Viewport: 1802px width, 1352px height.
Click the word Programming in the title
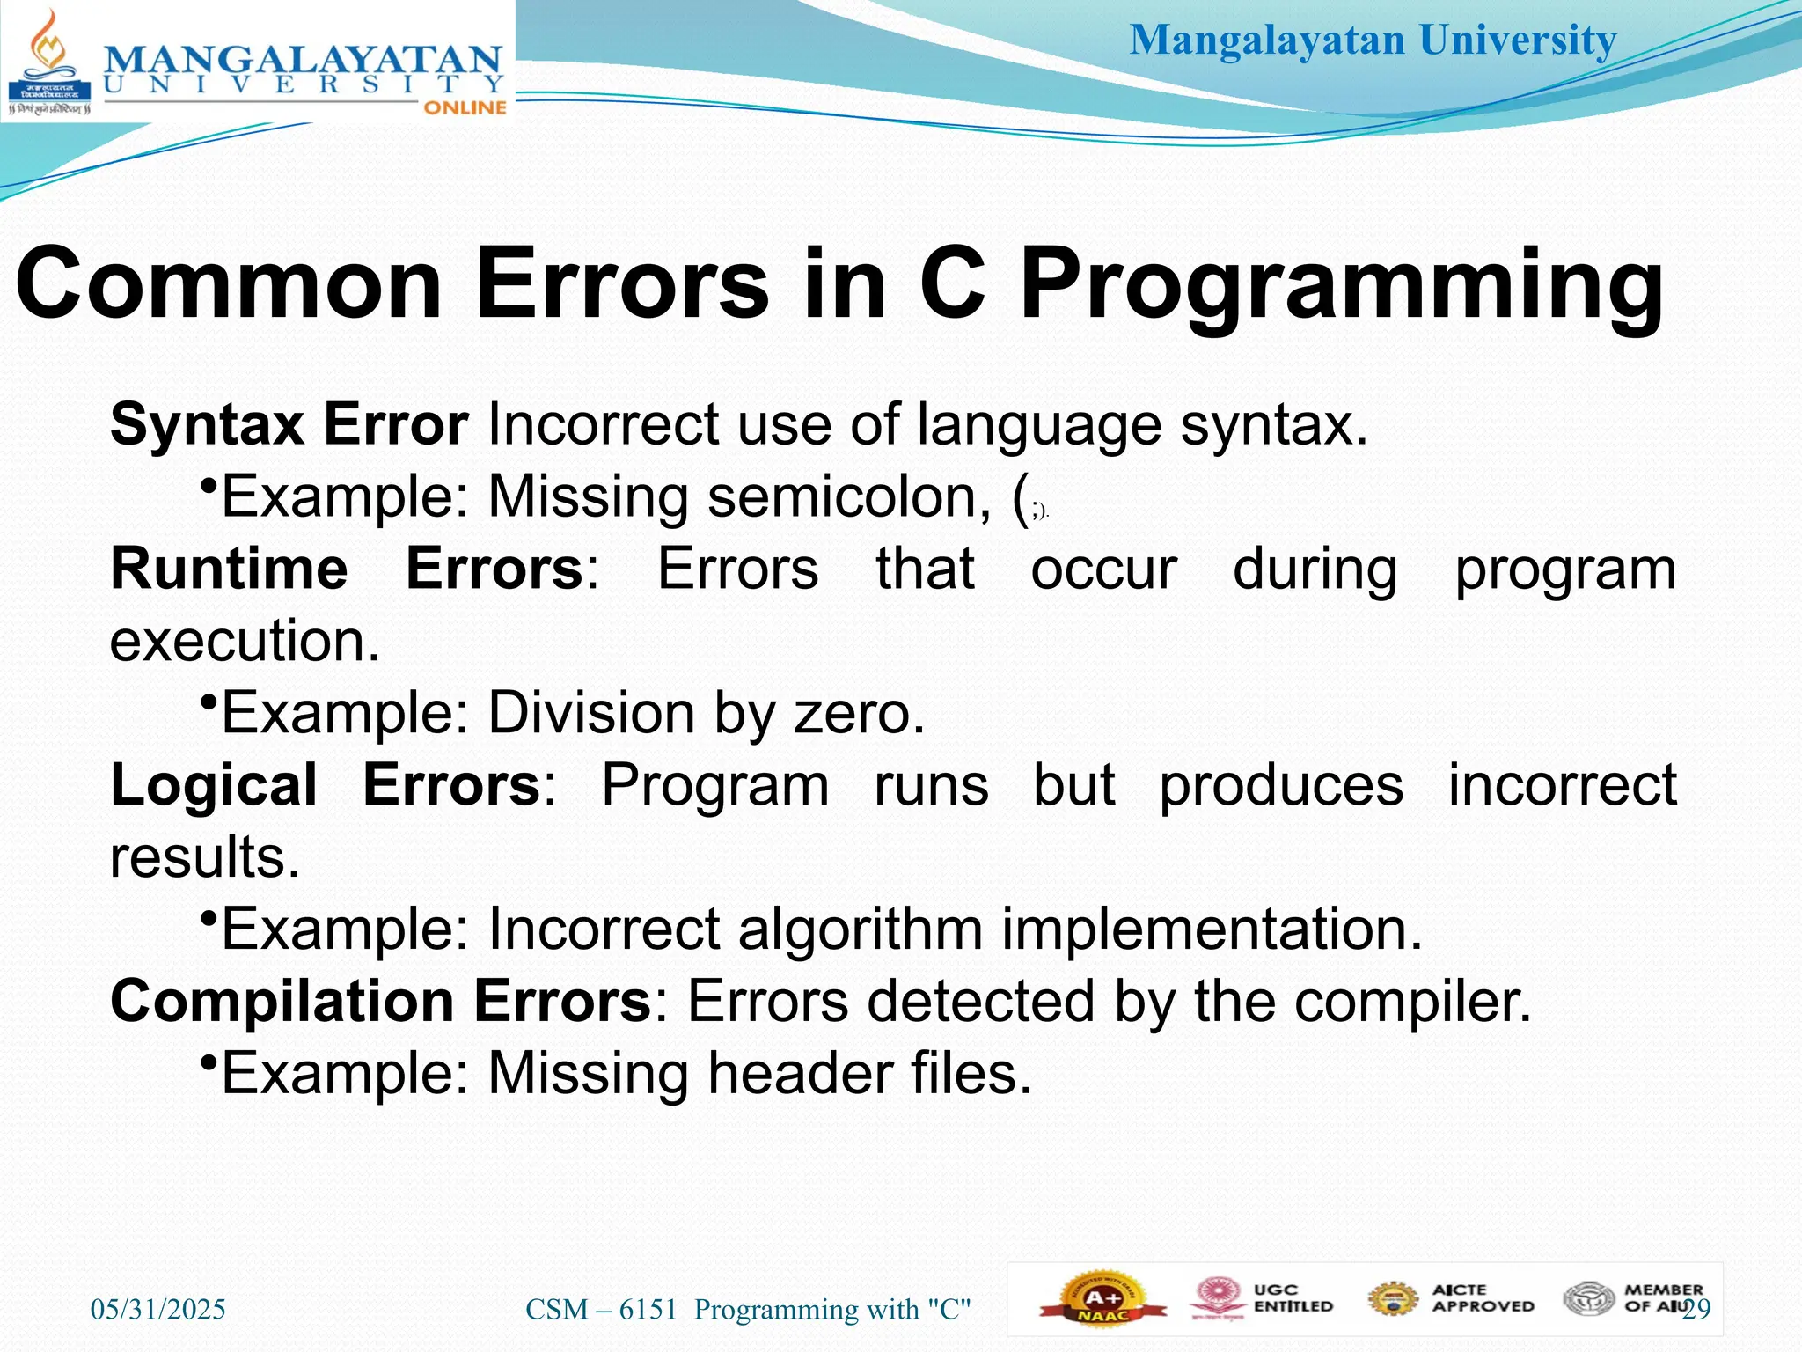point(1341,286)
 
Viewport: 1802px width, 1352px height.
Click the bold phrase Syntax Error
point(289,425)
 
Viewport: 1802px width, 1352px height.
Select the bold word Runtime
point(229,569)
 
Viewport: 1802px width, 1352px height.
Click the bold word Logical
point(214,785)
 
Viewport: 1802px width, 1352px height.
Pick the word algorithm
point(860,929)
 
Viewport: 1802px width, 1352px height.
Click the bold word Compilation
point(282,1002)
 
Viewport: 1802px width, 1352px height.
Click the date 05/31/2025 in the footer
point(158,1310)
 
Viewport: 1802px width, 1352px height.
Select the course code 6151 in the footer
point(648,1310)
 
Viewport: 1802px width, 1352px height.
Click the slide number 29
point(1697,1310)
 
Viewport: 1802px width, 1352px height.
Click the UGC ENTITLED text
point(1292,1299)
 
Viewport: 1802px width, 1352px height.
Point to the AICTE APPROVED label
point(1482,1299)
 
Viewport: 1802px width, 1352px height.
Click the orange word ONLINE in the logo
point(465,107)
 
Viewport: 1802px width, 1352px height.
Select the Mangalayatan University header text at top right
point(1373,40)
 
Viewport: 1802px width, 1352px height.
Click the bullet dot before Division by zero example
point(209,702)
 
